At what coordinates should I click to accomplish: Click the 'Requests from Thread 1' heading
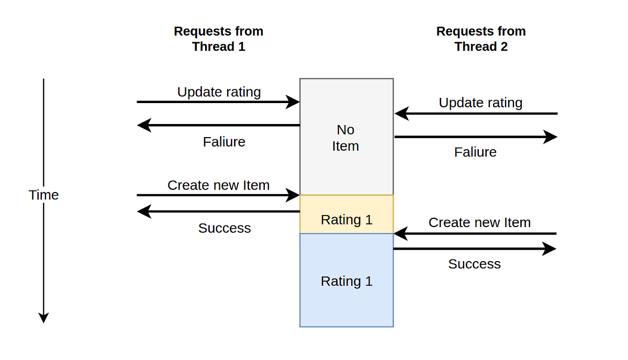(218, 39)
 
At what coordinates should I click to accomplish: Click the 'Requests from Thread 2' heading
(480, 39)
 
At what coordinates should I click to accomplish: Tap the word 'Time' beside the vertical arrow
(43, 195)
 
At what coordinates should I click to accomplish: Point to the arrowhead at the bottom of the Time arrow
(44, 317)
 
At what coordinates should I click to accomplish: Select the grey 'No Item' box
(346, 137)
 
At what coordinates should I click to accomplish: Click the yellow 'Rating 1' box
(346, 219)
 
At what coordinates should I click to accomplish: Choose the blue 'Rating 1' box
(346, 281)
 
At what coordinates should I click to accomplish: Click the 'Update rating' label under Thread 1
(219, 92)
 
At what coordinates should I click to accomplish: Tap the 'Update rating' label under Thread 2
(480, 103)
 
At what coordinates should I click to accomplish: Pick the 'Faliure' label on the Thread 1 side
(224, 142)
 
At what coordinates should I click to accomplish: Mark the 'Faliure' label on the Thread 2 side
(475, 152)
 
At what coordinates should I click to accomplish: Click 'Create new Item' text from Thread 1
(218, 185)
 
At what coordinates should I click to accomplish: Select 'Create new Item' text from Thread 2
(479, 222)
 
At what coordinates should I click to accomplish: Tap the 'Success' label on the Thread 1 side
(224, 228)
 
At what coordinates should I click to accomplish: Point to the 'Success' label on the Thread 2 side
(474, 264)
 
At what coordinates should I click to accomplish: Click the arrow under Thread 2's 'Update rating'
(476, 114)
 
